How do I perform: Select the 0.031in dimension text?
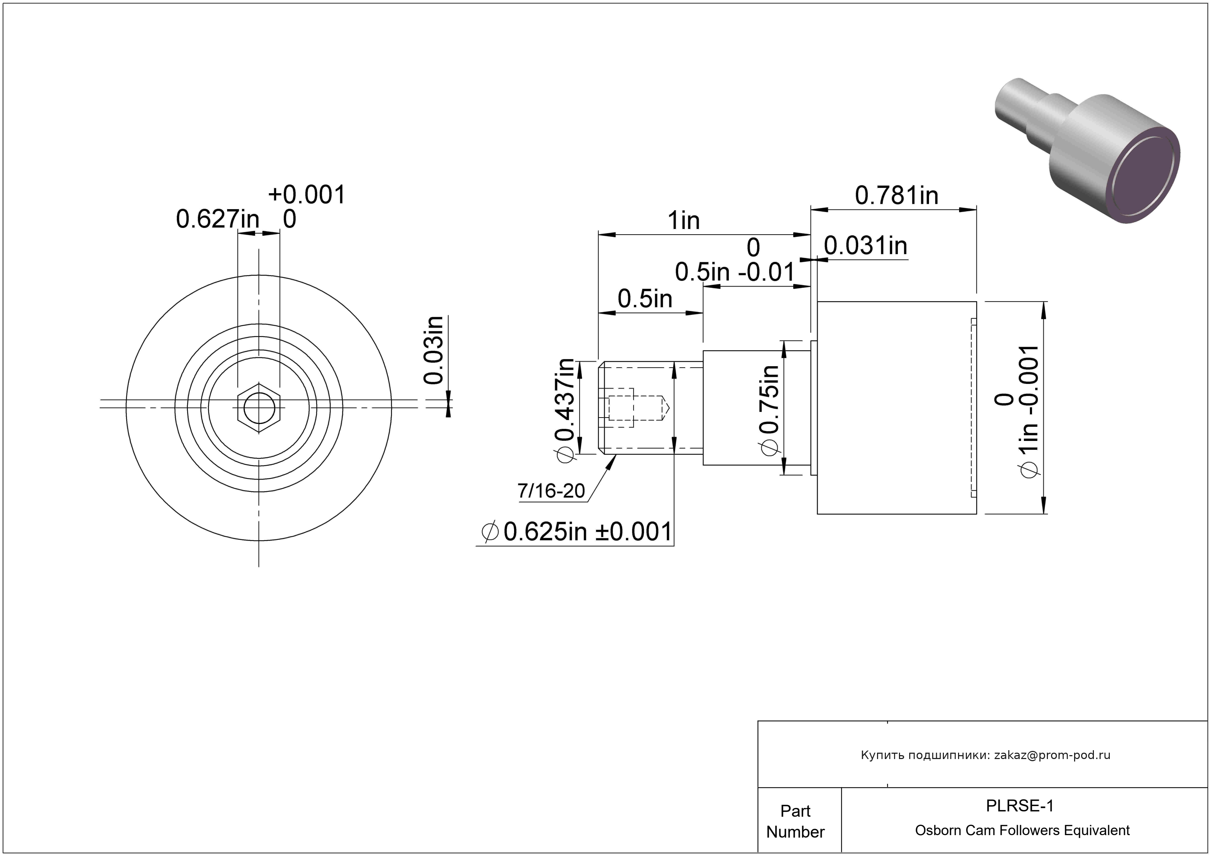point(865,246)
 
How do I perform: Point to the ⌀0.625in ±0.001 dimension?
point(577,532)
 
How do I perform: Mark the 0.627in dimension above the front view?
point(217,219)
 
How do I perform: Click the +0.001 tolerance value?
point(306,195)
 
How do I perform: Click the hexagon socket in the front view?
point(259,408)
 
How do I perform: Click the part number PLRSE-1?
point(1020,805)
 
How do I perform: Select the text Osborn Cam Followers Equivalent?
point(1022,830)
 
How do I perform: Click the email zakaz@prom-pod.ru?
point(1052,755)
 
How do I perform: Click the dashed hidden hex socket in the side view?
point(621,408)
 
